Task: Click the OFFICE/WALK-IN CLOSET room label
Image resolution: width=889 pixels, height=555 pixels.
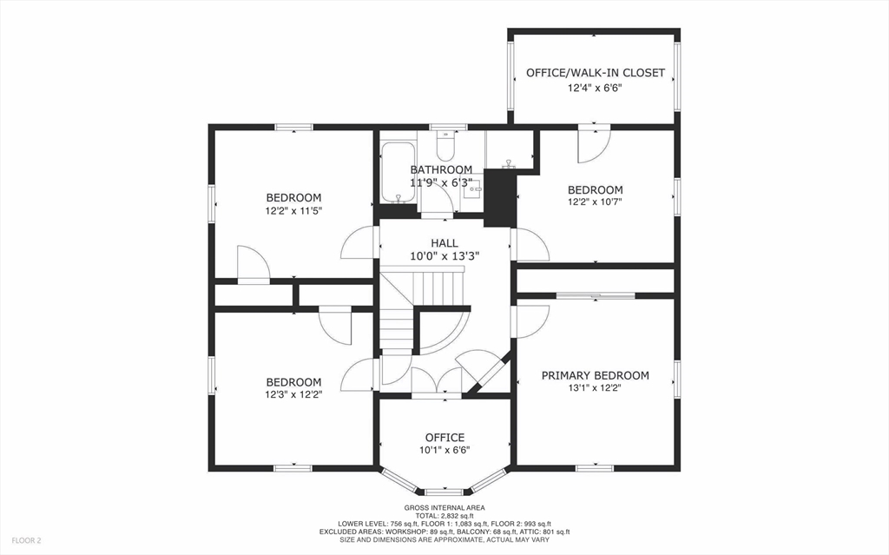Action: point(596,73)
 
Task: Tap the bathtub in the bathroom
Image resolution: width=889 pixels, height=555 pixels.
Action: point(398,172)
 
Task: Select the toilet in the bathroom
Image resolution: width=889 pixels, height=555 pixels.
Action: point(446,146)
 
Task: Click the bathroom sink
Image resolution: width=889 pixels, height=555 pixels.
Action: point(471,188)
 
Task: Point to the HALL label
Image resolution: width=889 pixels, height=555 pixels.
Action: point(444,243)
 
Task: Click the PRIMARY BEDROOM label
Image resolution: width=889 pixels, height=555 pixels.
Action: point(596,375)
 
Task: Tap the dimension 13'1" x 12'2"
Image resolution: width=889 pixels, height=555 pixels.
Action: point(596,388)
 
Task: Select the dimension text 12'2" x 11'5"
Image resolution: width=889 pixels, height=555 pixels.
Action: point(293,210)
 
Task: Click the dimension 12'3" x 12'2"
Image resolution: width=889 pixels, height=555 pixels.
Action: point(293,394)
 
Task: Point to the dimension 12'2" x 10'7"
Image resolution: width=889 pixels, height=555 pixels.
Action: point(596,202)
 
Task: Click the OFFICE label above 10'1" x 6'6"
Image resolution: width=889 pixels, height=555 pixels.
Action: point(445,438)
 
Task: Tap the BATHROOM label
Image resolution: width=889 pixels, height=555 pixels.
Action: point(441,169)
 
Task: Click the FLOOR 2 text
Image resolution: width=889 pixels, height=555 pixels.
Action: point(26,541)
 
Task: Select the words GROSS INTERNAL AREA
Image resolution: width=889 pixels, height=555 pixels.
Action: point(444,508)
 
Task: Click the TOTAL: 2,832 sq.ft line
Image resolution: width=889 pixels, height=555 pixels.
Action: point(444,516)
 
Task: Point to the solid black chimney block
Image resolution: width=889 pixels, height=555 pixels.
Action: point(500,197)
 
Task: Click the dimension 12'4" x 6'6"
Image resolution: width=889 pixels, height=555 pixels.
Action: point(596,88)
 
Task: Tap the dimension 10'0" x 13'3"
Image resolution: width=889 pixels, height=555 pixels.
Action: point(445,256)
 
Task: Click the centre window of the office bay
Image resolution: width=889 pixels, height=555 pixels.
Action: point(444,492)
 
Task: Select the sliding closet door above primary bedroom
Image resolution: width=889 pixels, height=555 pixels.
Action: point(596,295)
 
